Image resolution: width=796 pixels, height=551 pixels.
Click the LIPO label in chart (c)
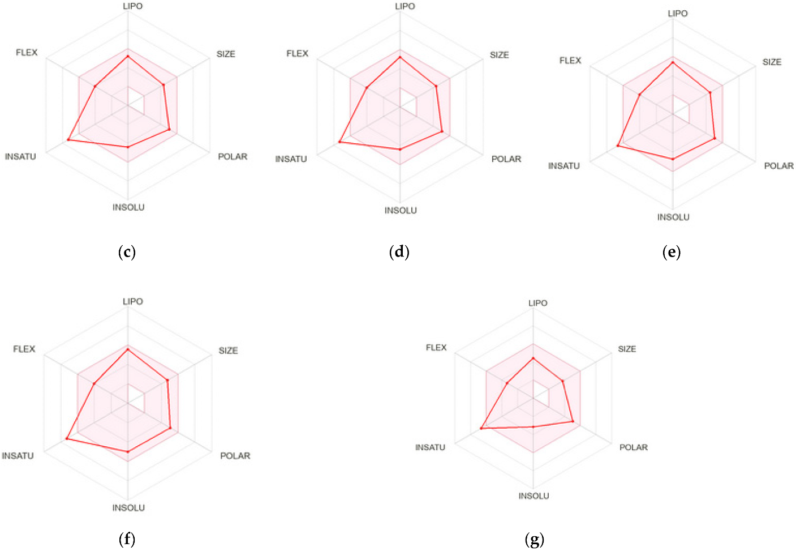tap(133, 6)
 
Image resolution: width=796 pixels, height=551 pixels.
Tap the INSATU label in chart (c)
tap(20, 157)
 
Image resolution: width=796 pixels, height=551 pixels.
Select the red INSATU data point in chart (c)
tap(68, 139)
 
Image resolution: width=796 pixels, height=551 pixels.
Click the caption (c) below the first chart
tap(127, 252)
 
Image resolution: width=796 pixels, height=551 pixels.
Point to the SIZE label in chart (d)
tap(499, 55)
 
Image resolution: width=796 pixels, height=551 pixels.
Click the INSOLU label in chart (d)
tap(401, 211)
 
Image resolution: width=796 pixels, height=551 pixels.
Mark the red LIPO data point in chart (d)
tap(400, 57)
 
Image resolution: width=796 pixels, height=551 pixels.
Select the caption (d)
tap(399, 252)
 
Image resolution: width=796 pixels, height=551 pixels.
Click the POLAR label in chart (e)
tap(778, 166)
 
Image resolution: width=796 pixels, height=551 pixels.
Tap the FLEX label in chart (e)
tap(570, 61)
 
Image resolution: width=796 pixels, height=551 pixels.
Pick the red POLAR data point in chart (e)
tap(715, 138)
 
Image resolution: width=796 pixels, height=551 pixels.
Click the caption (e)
tap(672, 253)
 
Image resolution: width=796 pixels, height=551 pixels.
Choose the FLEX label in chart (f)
tap(24, 349)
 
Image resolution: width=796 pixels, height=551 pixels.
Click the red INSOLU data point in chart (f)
tap(128, 452)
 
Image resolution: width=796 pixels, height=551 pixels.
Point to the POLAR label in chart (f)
tap(235, 456)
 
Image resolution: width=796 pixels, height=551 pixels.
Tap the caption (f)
tap(127, 539)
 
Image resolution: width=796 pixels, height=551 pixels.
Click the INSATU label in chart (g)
tap(430, 447)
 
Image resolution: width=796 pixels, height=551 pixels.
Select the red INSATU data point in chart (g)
tap(481, 429)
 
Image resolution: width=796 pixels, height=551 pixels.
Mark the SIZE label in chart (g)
tap(627, 349)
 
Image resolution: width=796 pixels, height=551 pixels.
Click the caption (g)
tap(534, 540)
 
